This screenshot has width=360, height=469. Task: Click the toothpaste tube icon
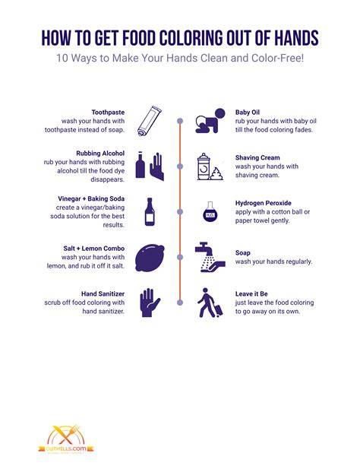(x=150, y=121)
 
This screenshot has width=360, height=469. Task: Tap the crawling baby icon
(x=210, y=121)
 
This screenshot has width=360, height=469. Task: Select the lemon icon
(x=150, y=258)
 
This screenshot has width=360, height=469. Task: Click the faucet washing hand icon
(x=210, y=257)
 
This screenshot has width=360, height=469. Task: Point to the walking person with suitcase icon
(x=210, y=303)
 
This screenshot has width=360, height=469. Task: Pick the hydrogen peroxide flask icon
(x=210, y=212)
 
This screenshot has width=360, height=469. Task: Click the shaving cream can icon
(x=210, y=166)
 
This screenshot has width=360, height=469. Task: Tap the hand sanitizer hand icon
(x=150, y=303)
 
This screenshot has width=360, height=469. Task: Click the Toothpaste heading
(x=108, y=112)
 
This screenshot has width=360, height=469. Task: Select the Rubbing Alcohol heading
(x=100, y=153)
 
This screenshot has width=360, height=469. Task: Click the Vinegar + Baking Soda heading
(x=91, y=198)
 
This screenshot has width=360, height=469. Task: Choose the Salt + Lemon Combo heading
(x=94, y=249)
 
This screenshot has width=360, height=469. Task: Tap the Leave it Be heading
(x=251, y=293)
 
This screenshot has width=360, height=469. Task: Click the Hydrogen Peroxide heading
(x=264, y=203)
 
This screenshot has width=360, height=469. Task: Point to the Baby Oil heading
(x=248, y=112)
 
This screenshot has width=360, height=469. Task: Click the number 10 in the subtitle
(x=62, y=58)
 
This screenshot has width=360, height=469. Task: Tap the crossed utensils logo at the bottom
(x=66, y=435)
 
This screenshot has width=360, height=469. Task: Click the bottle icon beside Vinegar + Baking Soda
(x=150, y=211)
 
